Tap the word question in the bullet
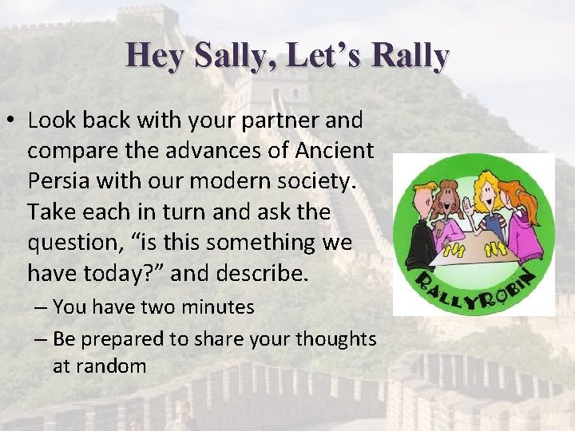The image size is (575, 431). click(77, 242)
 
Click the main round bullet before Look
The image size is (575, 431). click(11, 121)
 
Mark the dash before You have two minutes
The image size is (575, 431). click(42, 307)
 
